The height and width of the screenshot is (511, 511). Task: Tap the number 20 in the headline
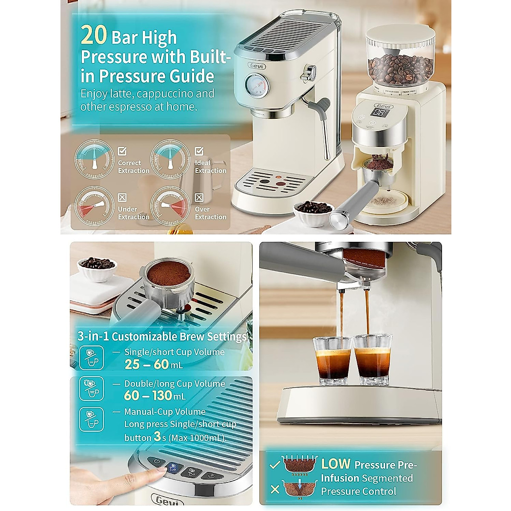93,36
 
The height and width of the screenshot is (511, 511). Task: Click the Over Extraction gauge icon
170,206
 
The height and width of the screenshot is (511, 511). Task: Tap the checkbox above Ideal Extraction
199,151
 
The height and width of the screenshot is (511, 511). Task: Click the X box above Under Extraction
122,198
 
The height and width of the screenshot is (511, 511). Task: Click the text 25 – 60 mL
154,365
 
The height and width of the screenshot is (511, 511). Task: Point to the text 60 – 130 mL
155,396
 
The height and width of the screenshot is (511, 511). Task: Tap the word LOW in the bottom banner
336,464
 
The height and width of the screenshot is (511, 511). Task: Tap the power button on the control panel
157,462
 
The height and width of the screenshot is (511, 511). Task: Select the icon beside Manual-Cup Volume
91,419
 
